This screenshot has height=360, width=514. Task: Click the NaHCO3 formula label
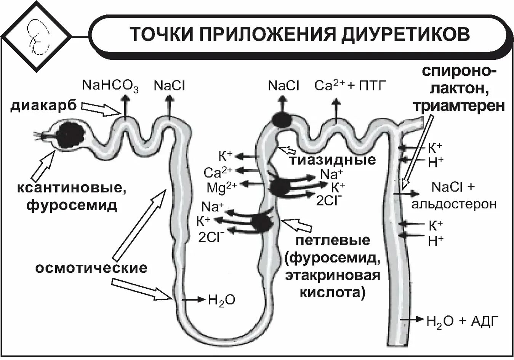pyautogui.click(x=110, y=86)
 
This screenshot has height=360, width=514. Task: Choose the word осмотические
pyautogui.click(x=91, y=267)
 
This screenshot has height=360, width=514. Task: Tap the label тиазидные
pyautogui.click(x=333, y=159)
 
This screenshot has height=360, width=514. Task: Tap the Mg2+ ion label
pyautogui.click(x=222, y=187)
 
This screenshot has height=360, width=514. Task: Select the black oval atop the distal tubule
pyautogui.click(x=282, y=119)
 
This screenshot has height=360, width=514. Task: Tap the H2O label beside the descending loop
pyautogui.click(x=221, y=300)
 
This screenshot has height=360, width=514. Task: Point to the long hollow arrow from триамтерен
pyautogui.click(x=416, y=152)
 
